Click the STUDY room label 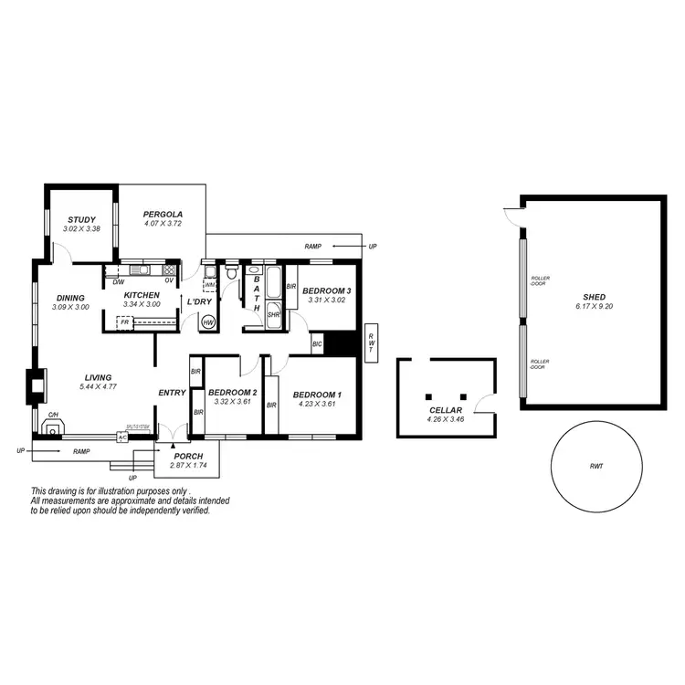click(x=82, y=219)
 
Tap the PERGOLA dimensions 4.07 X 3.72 click(x=163, y=224)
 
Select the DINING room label click(x=70, y=297)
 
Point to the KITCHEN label click(x=142, y=295)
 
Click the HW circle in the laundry click(x=208, y=322)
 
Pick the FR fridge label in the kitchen click(x=123, y=322)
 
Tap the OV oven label click(x=169, y=282)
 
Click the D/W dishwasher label click(x=118, y=282)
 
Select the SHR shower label click(x=273, y=315)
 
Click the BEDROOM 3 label click(x=326, y=290)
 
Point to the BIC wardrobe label click(x=317, y=344)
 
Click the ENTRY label click(x=172, y=393)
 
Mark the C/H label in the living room click(x=52, y=415)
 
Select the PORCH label click(x=189, y=457)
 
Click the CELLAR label click(x=446, y=411)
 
